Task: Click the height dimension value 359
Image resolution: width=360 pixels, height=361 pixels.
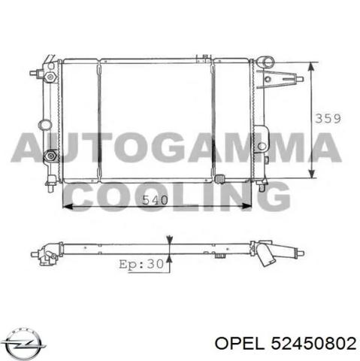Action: pyautogui.click(x=328, y=118)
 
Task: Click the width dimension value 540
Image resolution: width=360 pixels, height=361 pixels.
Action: pyautogui.click(x=155, y=200)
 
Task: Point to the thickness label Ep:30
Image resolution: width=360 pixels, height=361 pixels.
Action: pyautogui.click(x=141, y=264)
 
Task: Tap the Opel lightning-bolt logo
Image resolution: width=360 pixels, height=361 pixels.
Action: pyautogui.click(x=25, y=343)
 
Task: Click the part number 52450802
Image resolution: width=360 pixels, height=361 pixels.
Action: pyautogui.click(x=313, y=343)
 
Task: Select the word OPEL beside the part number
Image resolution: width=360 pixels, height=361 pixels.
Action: pyautogui.click(x=240, y=343)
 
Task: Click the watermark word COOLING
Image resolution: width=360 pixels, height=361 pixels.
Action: pyautogui.click(x=177, y=197)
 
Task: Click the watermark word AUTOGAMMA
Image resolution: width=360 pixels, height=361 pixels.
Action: pyautogui.click(x=176, y=147)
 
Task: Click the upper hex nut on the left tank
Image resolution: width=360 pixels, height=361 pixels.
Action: pyautogui.click(x=50, y=76)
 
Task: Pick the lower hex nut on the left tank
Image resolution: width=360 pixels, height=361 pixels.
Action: pyautogui.click(x=50, y=156)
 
